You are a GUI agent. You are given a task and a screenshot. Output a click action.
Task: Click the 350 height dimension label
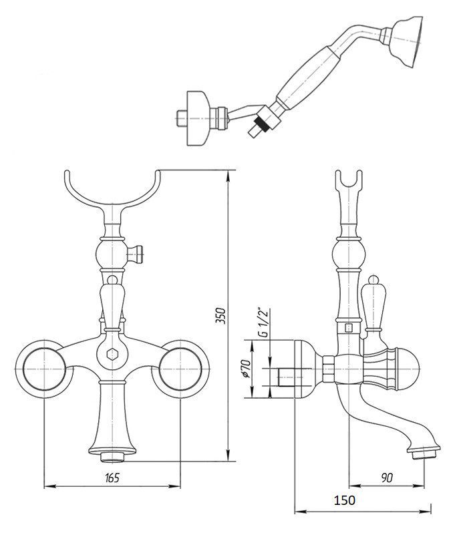[x=221, y=315]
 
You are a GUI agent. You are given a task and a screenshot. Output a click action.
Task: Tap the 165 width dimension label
[x=112, y=478]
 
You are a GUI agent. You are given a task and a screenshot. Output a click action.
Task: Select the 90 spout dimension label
[x=386, y=478]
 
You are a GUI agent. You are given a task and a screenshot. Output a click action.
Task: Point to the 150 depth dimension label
[x=345, y=500]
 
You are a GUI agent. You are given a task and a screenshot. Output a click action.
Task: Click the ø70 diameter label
[x=246, y=368]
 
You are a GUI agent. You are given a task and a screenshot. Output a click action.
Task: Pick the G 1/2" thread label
[x=264, y=321]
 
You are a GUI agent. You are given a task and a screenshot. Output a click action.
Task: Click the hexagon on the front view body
[x=112, y=355]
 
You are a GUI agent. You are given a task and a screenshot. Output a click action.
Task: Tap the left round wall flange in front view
[x=44, y=369]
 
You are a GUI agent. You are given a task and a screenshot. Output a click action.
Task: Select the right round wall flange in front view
[x=180, y=369]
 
